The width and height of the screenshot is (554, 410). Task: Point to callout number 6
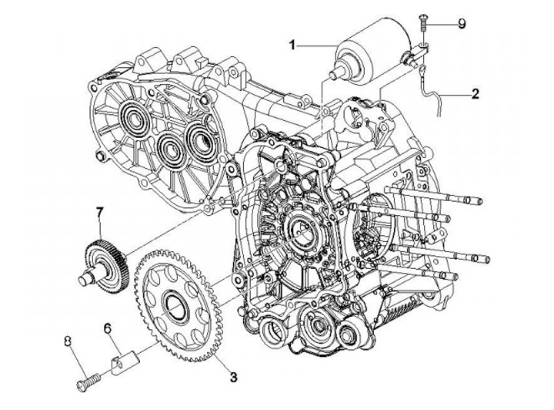108,328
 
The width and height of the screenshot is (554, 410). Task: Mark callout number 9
462,24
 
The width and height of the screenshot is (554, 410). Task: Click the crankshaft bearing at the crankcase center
300,229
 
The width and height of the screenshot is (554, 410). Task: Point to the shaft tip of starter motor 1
333,75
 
